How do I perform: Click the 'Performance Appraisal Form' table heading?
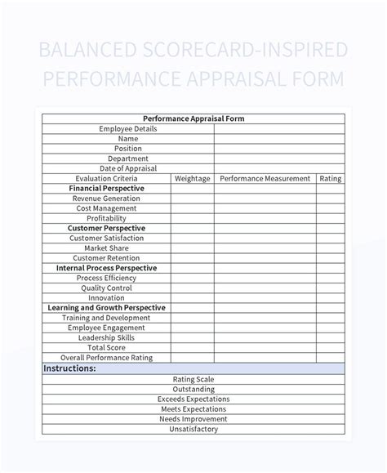193,118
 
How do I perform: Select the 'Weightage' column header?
192,178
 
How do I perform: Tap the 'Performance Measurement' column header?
265,178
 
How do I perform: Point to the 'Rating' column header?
330,178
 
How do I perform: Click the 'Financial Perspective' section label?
106,188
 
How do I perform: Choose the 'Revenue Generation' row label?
106,199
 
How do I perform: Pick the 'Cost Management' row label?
106,208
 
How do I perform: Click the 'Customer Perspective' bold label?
106,228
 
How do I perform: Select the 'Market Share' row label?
106,248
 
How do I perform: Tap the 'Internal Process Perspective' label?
106,268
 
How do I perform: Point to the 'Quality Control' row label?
106,288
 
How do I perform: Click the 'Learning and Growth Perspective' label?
106,308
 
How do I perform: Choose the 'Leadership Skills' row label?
106,337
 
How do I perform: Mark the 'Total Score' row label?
106,347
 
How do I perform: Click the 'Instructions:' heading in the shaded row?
69,368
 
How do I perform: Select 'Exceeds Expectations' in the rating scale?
193,399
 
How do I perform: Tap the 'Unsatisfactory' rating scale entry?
193,429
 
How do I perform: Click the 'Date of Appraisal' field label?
127,168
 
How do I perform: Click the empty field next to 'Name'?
279,139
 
